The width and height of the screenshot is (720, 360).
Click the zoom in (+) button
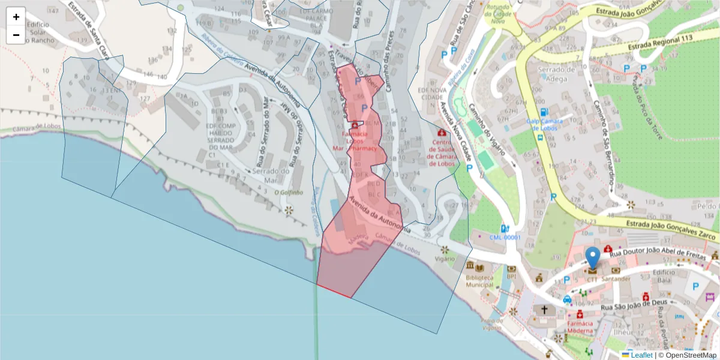pos(16,17)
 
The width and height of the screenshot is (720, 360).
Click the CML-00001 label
pos(505,237)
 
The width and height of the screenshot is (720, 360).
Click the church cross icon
pos(544,310)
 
